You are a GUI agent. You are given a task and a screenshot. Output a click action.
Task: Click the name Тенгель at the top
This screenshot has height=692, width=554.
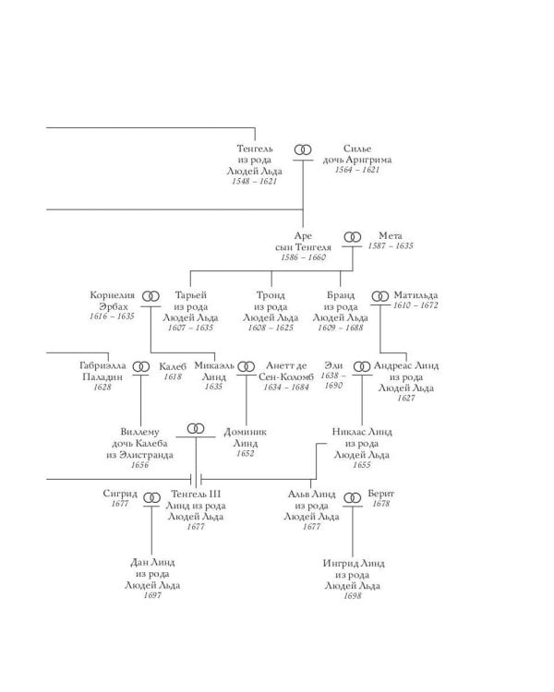(x=255, y=149)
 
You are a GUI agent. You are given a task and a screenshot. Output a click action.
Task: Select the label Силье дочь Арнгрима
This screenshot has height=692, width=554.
(x=357, y=154)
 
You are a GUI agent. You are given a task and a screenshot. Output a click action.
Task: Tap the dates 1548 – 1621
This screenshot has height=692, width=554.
(x=255, y=182)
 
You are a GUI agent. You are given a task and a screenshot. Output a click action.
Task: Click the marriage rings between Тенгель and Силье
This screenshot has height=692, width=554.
(x=303, y=149)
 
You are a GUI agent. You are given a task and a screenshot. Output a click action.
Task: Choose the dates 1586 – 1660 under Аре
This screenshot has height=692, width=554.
(x=303, y=258)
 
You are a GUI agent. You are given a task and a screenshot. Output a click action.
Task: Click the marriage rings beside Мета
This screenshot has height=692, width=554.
(x=352, y=237)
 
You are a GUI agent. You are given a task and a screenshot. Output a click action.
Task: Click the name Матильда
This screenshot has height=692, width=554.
(x=415, y=294)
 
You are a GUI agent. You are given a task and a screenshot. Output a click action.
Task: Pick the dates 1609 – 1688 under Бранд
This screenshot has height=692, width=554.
(x=340, y=328)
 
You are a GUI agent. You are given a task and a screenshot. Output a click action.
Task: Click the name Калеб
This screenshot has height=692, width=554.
(x=172, y=365)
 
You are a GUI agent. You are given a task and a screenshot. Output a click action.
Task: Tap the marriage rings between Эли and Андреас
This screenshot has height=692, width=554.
(x=361, y=366)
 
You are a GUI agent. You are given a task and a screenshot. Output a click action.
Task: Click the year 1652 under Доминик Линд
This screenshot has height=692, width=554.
(x=245, y=453)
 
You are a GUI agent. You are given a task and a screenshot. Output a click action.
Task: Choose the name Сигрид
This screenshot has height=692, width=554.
(x=120, y=494)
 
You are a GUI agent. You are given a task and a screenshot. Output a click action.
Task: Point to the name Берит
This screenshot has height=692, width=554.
(x=380, y=494)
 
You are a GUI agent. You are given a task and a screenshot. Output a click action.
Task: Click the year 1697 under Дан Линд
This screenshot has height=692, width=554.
(x=152, y=596)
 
